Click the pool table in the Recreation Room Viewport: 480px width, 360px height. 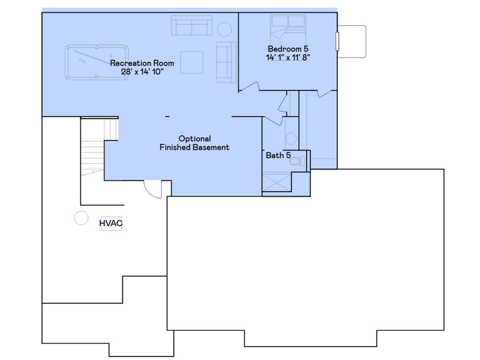click(97, 62)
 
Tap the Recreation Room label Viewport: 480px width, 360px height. click(142, 63)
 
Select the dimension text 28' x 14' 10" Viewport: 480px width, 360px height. click(142, 72)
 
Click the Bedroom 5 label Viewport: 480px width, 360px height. click(288, 49)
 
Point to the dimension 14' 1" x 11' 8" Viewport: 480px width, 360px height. click(288, 57)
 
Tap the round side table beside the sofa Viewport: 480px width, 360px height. click(225, 30)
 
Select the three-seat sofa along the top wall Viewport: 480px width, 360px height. click(192, 26)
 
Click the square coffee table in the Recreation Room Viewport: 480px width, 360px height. click(192, 62)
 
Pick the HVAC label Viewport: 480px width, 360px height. click(111, 223)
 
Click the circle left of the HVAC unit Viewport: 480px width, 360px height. click(82, 218)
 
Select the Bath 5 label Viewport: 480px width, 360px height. click(278, 156)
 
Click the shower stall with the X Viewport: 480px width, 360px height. click(277, 183)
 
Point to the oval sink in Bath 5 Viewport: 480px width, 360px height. click(291, 138)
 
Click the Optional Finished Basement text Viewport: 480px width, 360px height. click(195, 143)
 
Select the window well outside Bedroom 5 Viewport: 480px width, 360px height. click(352, 42)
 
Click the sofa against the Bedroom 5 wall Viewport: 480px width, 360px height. click(226, 62)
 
